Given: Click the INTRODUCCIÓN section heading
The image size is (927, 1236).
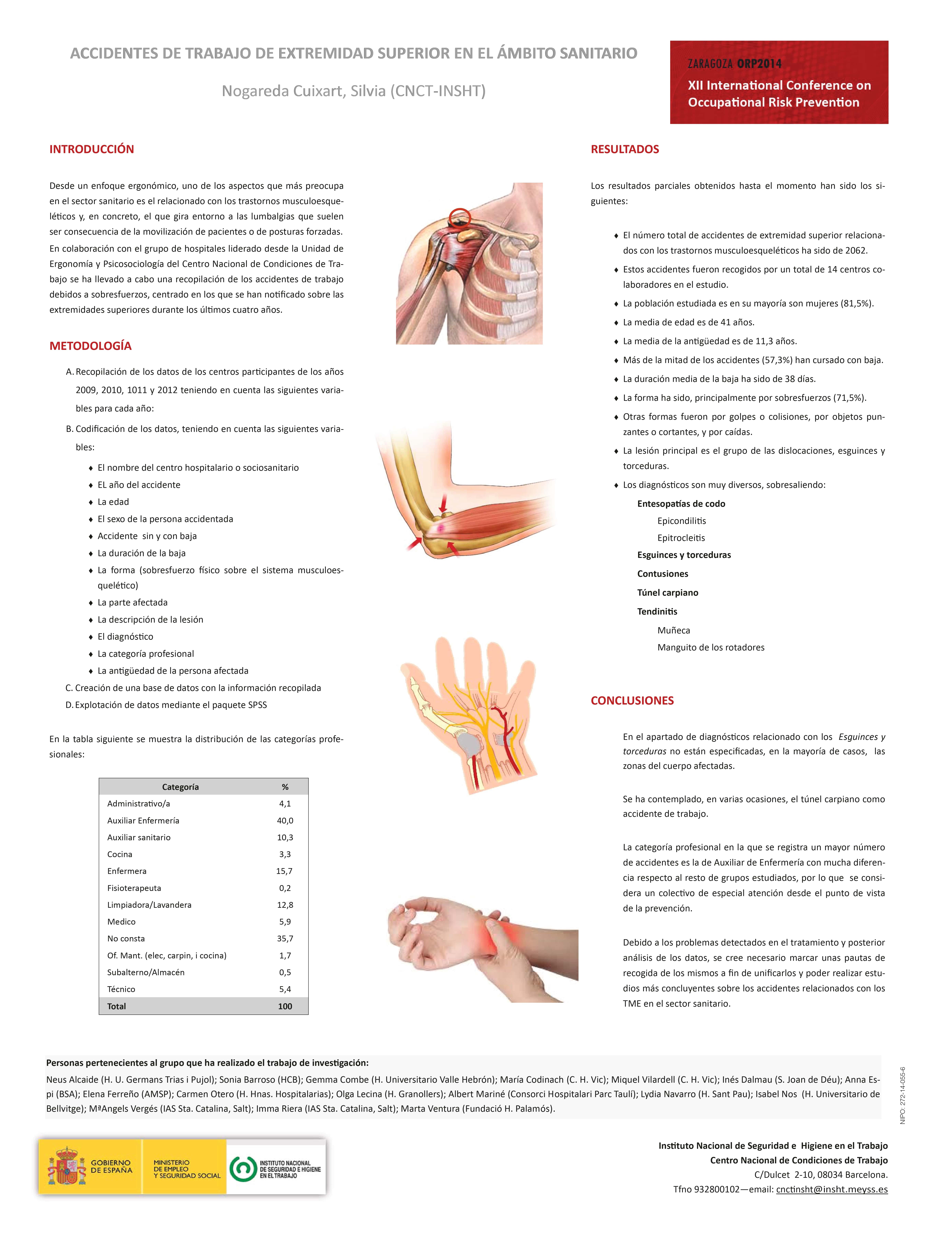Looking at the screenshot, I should [92, 149].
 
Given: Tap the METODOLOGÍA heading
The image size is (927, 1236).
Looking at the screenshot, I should [90, 346].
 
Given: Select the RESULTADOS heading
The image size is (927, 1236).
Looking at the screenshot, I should [625, 149].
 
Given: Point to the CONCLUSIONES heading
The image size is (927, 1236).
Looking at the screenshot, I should [632, 701].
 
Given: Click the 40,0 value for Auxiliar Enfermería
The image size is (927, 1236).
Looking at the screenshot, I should [285, 820].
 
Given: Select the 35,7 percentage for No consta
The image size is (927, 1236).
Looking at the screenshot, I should [285, 938].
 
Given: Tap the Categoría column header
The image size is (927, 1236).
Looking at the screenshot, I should [180, 787].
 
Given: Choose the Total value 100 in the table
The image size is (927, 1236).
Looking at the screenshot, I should [285, 1006].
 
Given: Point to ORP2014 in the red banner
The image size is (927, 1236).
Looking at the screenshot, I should [759, 64].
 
